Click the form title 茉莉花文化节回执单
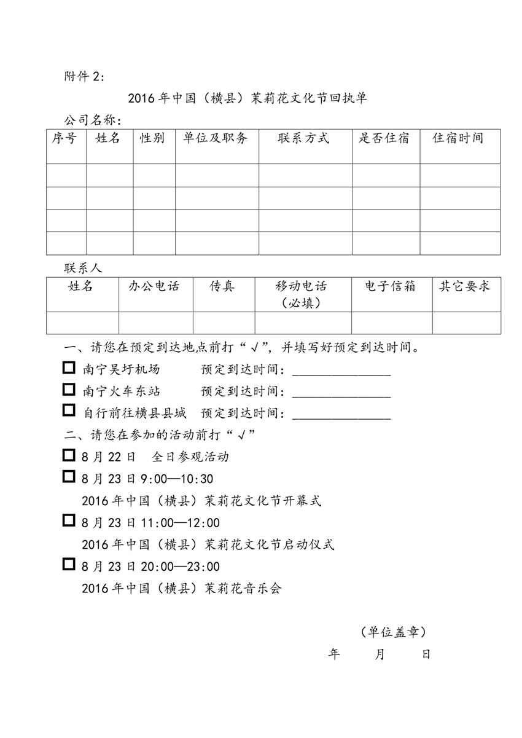pyautogui.click(x=247, y=98)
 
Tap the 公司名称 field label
pyautogui.click(x=93, y=120)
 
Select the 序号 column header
pyautogui.click(x=65, y=138)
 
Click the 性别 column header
pyautogui.click(x=153, y=138)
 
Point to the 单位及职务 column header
pyautogui.click(x=216, y=138)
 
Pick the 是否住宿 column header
pyautogui.click(x=384, y=138)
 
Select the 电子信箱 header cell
pyautogui.click(x=391, y=286)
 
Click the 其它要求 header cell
pyautogui.click(x=465, y=286)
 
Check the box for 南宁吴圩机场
pyautogui.click(x=69, y=369)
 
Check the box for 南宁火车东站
pyautogui.click(x=69, y=390)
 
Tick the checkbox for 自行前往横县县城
pyautogui.click(x=69, y=411)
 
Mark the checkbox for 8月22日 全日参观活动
pyautogui.click(x=69, y=455)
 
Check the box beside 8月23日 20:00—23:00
pyautogui.click(x=69, y=565)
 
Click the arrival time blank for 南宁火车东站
pyautogui.click(x=341, y=392)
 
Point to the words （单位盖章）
pyautogui.click(x=390, y=632)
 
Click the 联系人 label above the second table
pyautogui.click(x=84, y=269)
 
